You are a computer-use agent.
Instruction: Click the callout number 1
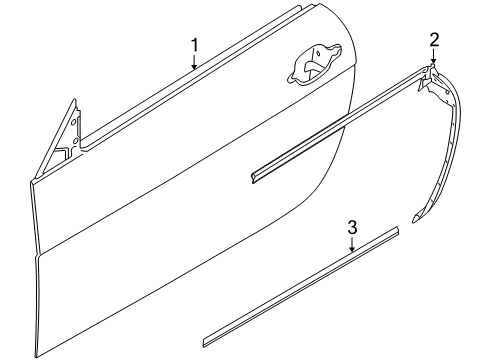click(194, 45)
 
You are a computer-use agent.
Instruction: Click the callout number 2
click(434, 40)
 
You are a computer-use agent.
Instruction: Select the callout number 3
click(352, 227)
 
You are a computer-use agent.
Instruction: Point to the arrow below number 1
click(194, 62)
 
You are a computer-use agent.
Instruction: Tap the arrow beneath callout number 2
click(433, 55)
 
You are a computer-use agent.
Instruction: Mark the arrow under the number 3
click(352, 243)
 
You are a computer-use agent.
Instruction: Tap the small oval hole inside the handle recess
click(318, 53)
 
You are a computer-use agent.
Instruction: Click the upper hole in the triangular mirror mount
click(73, 122)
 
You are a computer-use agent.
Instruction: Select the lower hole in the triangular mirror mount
click(76, 141)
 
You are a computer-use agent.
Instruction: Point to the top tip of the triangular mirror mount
click(75, 99)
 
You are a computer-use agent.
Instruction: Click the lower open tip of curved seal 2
click(415, 219)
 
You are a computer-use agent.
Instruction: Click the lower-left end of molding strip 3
click(205, 343)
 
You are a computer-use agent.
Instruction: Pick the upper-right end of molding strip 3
click(397, 231)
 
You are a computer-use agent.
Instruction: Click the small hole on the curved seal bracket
click(447, 91)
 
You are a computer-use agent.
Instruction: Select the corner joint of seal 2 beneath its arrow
click(431, 68)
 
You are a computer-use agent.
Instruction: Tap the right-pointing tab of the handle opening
click(337, 49)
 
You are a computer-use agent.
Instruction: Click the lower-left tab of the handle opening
click(291, 79)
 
